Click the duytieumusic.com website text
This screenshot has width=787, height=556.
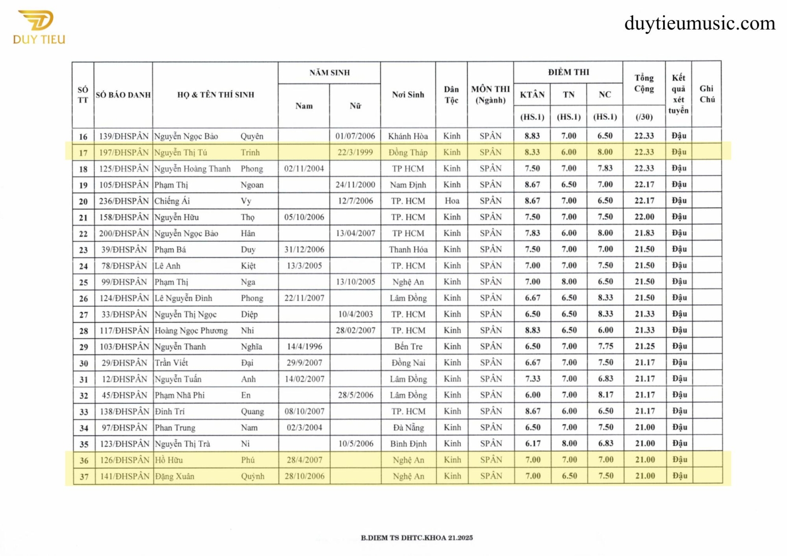point(699,23)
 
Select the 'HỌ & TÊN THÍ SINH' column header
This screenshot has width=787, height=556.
point(215,95)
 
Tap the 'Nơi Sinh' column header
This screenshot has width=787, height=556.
point(408,95)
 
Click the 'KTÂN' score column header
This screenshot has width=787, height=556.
point(532,94)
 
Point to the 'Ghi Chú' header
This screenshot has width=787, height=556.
point(707,94)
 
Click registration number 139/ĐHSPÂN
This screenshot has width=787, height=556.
point(123,136)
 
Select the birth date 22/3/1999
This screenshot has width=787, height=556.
point(355,152)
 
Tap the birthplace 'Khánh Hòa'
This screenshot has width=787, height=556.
point(408,136)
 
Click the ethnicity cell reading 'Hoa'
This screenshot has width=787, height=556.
point(452,201)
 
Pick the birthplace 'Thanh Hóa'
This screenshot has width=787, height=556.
point(408,249)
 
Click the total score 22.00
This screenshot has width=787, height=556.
point(644,217)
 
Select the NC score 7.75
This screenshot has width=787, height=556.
point(605,346)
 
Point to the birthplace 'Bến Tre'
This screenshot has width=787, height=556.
point(408,347)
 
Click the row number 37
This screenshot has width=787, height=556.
point(84,476)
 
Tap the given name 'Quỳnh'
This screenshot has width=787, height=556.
point(252,476)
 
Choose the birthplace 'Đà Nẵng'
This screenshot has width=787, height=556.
point(408,428)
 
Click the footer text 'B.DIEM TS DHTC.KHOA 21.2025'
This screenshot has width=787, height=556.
point(417,538)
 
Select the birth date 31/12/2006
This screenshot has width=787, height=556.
point(304,249)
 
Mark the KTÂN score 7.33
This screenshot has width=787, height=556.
point(533,379)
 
